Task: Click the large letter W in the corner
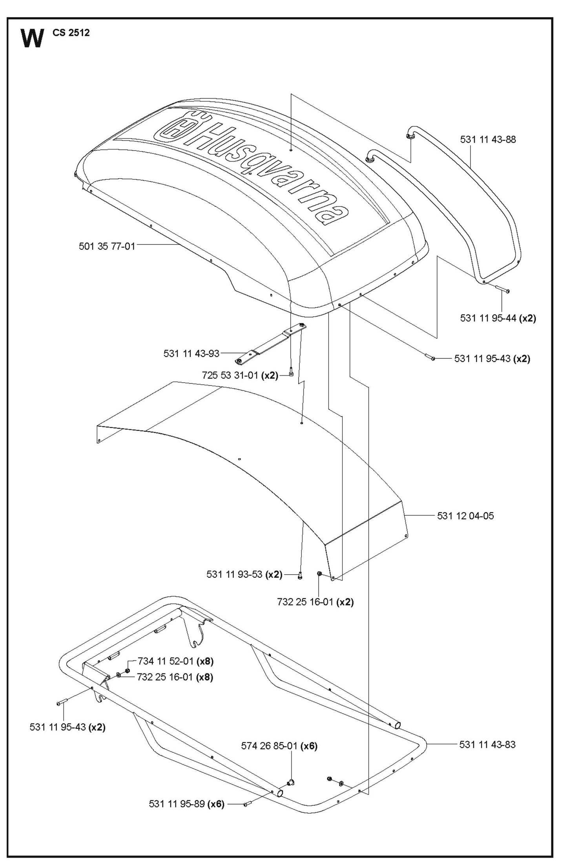(x=32, y=38)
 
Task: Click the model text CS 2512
(x=71, y=33)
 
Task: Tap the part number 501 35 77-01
(x=107, y=246)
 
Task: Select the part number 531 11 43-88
(x=488, y=139)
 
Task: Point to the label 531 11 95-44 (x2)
(x=498, y=318)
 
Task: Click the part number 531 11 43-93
(x=191, y=354)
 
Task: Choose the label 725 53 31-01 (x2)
(x=240, y=375)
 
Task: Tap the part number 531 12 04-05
(x=465, y=515)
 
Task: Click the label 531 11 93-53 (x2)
(x=244, y=574)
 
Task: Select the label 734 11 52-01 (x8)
(x=175, y=661)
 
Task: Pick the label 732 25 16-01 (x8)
(x=175, y=677)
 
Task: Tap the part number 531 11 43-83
(x=487, y=744)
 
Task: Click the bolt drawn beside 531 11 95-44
(x=499, y=289)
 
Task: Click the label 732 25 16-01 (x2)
(x=315, y=602)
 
